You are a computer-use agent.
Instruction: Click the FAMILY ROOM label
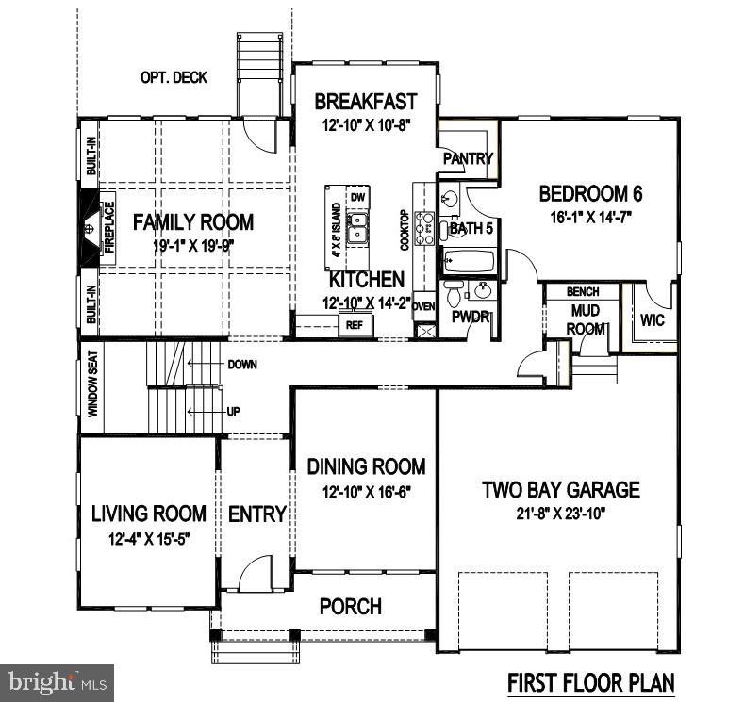192,222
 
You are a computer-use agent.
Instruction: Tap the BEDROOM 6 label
590,194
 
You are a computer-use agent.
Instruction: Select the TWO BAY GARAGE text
560,489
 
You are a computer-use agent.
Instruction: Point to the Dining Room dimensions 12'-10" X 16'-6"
365,491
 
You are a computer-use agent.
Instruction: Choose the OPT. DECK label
174,77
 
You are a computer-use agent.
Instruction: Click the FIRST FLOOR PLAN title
591,681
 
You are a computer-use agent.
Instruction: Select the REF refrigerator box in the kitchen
355,325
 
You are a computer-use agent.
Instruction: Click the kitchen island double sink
358,229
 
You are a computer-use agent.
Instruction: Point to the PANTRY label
468,158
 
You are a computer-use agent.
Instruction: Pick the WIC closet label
652,320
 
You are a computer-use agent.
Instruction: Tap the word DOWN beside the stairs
241,364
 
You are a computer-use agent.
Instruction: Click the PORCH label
350,606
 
